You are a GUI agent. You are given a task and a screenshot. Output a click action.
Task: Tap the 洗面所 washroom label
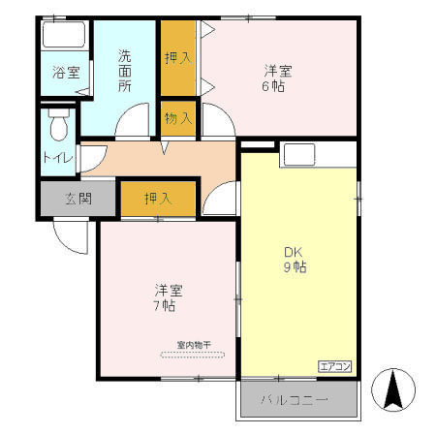pyautogui.click(x=125, y=71)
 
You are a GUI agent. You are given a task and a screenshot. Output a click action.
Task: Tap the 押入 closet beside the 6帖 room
pyautogui.click(x=179, y=58)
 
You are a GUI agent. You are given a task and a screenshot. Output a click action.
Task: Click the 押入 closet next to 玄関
pyautogui.click(x=158, y=200)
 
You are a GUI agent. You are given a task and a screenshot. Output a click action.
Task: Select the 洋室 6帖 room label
pyautogui.click(x=279, y=78)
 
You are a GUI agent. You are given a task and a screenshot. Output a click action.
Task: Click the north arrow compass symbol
pyautogui.click(x=393, y=390)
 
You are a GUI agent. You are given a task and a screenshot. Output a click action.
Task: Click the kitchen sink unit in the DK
pyautogui.click(x=297, y=154)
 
